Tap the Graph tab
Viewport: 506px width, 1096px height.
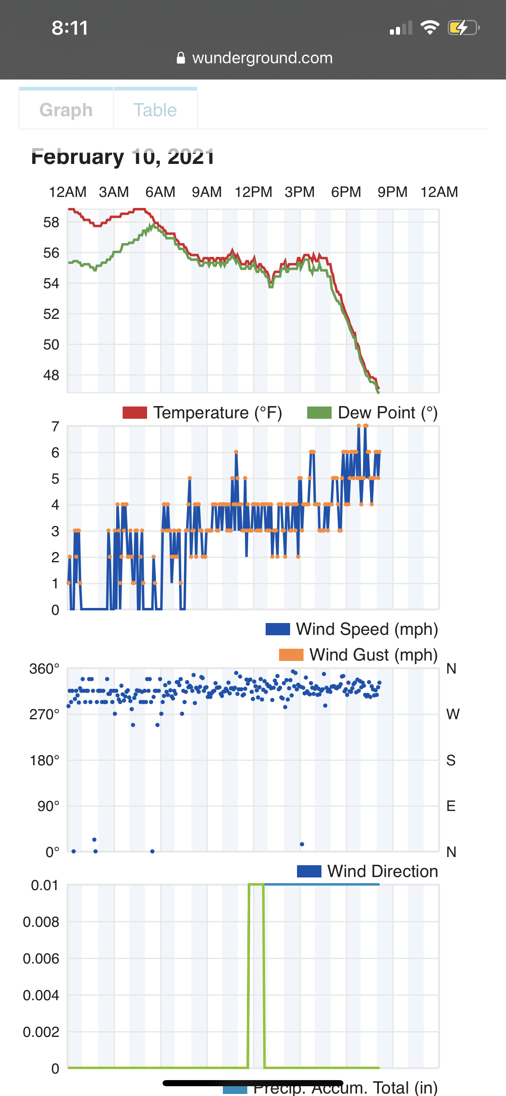click(66, 110)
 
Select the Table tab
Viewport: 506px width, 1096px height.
click(155, 110)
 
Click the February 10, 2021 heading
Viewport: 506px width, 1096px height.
click(123, 157)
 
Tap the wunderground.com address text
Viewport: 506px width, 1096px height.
click(262, 58)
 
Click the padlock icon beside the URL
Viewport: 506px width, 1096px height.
click(181, 58)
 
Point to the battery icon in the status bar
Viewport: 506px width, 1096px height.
click(463, 28)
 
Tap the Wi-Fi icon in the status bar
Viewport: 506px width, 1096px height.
click(429, 28)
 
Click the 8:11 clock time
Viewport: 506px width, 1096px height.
click(70, 28)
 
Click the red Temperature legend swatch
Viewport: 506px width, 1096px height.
click(134, 413)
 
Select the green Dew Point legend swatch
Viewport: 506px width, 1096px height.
click(319, 413)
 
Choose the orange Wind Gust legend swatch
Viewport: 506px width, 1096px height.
click(291, 655)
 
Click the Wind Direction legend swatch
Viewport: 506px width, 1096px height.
click(309, 871)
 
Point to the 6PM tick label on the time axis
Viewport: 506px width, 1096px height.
click(346, 192)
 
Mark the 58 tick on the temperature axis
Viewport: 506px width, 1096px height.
click(51, 222)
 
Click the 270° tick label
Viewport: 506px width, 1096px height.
click(44, 714)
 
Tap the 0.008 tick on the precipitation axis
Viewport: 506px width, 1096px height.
click(41, 922)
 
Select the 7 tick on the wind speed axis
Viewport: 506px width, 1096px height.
click(55, 426)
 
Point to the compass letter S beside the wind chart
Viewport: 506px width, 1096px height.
click(451, 760)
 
